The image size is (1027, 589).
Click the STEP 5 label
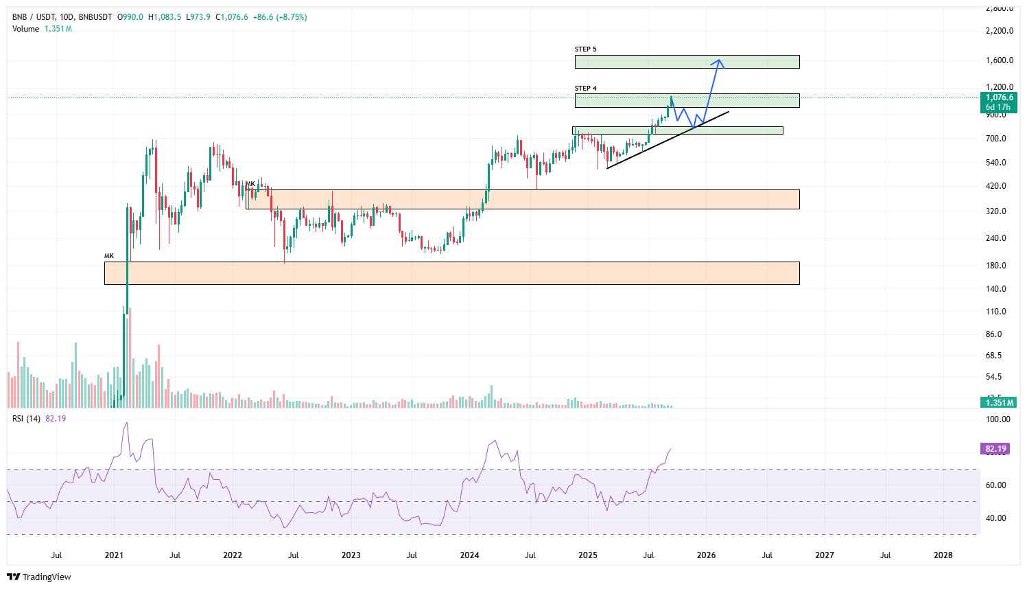point(585,49)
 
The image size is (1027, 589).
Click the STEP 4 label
point(585,89)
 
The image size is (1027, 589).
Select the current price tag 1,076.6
point(999,97)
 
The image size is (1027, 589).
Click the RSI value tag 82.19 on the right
point(995,449)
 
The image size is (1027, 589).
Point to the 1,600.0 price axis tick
point(1000,60)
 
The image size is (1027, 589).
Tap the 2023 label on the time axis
point(351,555)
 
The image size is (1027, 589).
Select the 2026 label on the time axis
point(706,555)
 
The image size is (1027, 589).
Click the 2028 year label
point(943,555)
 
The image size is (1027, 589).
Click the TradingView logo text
point(47,577)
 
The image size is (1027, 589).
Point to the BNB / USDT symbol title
point(34,17)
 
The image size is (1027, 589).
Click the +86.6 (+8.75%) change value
point(280,17)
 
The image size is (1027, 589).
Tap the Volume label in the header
point(25,29)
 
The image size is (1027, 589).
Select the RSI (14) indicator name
point(26,419)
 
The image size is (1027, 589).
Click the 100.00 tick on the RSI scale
point(998,419)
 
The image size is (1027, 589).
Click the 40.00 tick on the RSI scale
point(996,518)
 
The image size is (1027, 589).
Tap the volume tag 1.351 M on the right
point(999,403)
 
